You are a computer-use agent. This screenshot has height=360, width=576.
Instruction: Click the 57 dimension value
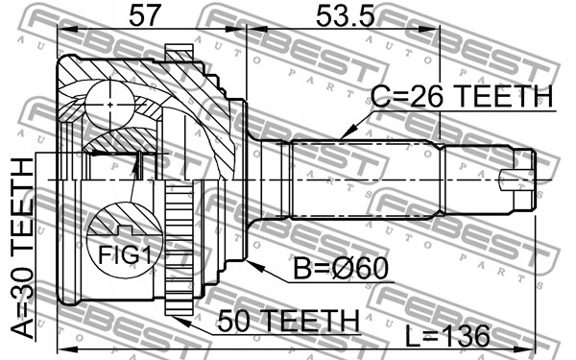[x=146, y=15]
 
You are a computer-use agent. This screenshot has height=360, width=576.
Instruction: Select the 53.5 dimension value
[x=346, y=15]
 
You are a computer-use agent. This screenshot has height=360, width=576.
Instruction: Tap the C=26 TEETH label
[x=462, y=96]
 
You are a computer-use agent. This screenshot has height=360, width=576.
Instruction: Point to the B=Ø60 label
[x=341, y=268]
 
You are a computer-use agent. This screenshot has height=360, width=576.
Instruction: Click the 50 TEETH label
[x=288, y=320]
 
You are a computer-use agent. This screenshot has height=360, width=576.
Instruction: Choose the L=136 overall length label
[x=447, y=336]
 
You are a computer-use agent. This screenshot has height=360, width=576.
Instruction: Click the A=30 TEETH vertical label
[x=22, y=249]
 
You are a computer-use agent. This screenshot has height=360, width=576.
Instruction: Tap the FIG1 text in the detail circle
[x=124, y=254]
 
